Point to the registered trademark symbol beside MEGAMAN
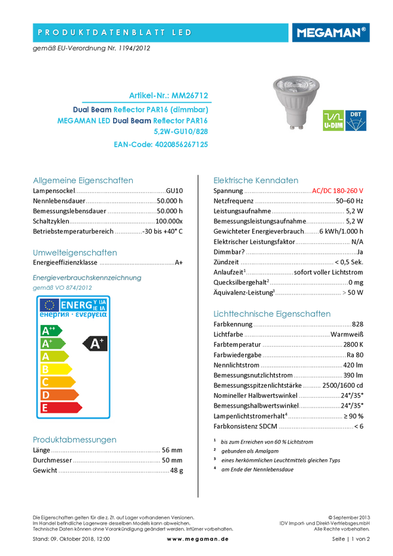click(x=364, y=29)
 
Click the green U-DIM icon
click(x=333, y=120)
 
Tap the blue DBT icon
click(x=356, y=120)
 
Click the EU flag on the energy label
click(x=49, y=305)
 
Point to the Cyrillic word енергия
click(x=54, y=315)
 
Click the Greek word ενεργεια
click(x=90, y=315)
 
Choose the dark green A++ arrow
click(x=50, y=330)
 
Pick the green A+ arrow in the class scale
click(x=52, y=343)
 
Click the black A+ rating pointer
click(x=96, y=343)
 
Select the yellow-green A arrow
click(x=54, y=356)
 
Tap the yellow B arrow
click(x=55, y=369)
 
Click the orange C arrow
click(x=57, y=382)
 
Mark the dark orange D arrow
click(x=59, y=394)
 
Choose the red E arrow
click(x=60, y=408)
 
